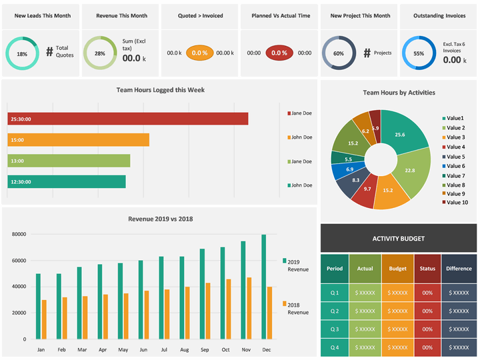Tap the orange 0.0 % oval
[x=199, y=53]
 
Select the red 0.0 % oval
[x=279, y=53]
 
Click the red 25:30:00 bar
[x=128, y=119]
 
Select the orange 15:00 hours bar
[x=79, y=140]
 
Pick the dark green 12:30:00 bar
[x=67, y=181]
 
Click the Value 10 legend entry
[x=455, y=203]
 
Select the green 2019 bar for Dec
[x=264, y=287]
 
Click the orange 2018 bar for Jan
[x=44, y=319]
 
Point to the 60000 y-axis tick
[x=19, y=261]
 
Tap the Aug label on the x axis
[x=184, y=349]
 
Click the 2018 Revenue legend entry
[x=296, y=308]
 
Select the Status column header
[x=427, y=269]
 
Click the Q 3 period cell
[x=335, y=329]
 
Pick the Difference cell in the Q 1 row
[x=459, y=293]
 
